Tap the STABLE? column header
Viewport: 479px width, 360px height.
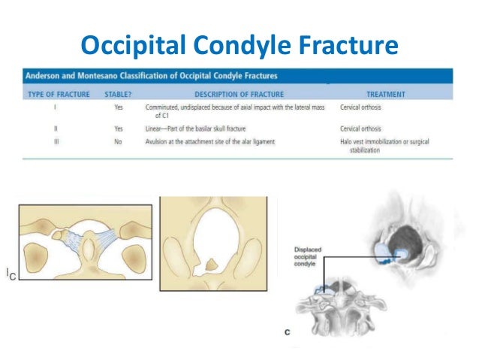[119, 95]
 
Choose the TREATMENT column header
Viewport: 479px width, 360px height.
[386, 95]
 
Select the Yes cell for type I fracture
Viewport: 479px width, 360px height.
[118, 107]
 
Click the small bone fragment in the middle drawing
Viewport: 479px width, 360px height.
[212, 265]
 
